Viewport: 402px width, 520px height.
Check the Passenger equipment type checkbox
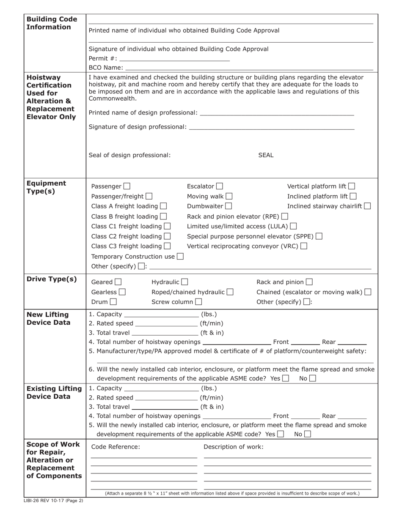127,186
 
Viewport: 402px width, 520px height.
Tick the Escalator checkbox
219,186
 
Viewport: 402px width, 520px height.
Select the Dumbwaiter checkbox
229,206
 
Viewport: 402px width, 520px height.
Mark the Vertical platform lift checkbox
352,186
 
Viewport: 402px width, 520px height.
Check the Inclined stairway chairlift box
367,206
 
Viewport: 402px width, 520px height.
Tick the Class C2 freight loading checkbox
167,236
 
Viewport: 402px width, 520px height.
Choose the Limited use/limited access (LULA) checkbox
293,226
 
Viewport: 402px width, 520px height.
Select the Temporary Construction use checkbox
180,256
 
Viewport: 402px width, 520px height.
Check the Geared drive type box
118,282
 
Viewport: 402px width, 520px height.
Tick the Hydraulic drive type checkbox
184,282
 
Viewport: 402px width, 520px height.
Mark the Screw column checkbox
198,302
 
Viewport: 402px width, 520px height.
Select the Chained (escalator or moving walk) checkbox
368,292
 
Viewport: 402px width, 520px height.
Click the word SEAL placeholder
266,155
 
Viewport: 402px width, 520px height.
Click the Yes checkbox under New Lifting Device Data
286,378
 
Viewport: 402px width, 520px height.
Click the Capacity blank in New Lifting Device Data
162,315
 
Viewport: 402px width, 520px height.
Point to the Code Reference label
116,447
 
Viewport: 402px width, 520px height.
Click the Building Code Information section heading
52,23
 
